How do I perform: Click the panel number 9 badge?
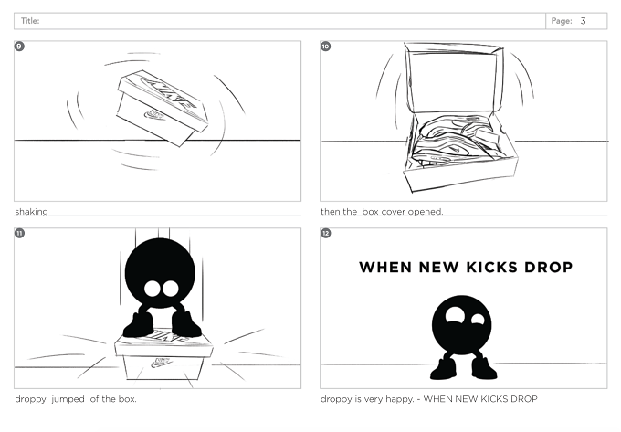click(19, 47)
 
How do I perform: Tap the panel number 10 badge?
click(325, 47)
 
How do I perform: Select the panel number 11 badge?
click(19, 233)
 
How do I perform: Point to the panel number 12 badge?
click(325, 233)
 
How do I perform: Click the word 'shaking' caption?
click(31, 212)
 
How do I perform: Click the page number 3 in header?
click(583, 21)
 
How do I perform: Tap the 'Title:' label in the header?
click(30, 21)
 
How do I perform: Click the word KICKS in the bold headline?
click(491, 268)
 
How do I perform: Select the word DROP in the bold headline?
click(549, 268)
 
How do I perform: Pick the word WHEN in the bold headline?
click(385, 268)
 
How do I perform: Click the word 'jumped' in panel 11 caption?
click(68, 399)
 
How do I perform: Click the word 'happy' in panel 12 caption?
click(399, 399)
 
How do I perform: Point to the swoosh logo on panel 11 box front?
click(163, 362)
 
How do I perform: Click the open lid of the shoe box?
click(454, 78)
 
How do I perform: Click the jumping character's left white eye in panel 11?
click(153, 289)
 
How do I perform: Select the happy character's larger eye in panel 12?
click(455, 315)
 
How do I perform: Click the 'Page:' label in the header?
click(562, 21)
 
